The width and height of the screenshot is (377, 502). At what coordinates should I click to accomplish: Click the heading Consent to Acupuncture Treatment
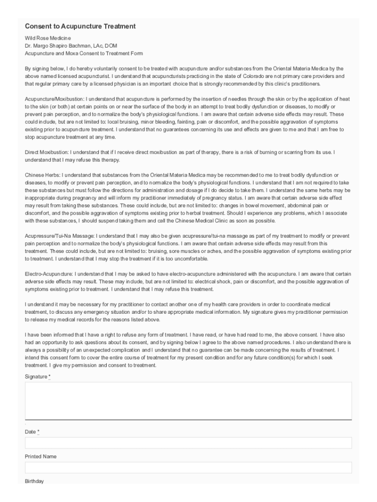tap(80, 26)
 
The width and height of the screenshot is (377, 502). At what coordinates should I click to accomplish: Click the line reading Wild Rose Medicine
tap(48, 38)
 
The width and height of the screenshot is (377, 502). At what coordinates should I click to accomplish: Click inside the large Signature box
tap(188, 401)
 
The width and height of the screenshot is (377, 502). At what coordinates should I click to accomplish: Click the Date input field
tap(188, 443)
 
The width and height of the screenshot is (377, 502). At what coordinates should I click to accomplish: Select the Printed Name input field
tap(188, 467)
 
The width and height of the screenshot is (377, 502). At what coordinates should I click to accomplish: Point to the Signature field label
tap(37, 376)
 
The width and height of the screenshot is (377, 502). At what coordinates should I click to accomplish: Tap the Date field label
tap(31, 432)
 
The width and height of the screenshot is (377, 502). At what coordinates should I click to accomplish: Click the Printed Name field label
tap(41, 456)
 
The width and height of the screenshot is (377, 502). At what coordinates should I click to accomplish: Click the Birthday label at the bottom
tap(34, 481)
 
